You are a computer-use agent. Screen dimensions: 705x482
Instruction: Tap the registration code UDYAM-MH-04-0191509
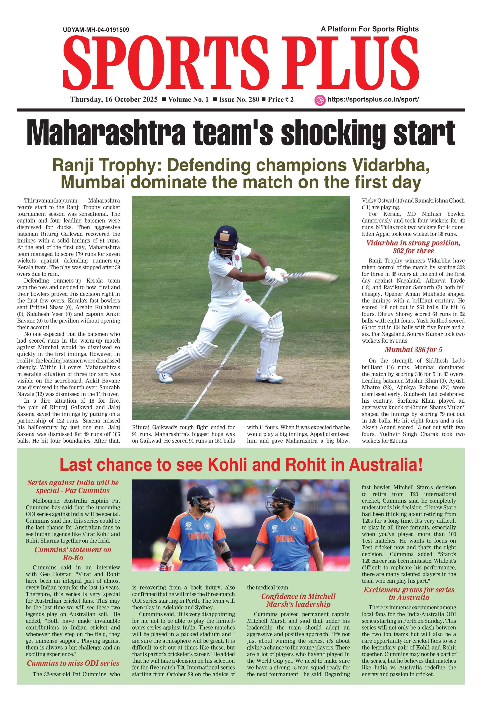(96, 30)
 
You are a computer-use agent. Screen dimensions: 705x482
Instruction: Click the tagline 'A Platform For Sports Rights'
(369, 29)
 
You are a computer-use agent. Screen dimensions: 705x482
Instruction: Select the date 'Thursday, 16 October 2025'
(114, 100)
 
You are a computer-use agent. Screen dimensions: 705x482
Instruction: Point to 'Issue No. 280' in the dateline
(239, 100)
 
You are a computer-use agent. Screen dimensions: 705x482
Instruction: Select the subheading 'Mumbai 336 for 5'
(413, 350)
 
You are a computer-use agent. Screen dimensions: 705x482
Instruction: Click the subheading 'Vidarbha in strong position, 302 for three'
(413, 247)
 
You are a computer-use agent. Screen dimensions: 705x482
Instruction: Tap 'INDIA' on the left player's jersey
(198, 536)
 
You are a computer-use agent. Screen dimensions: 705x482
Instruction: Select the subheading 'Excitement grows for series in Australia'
(409, 594)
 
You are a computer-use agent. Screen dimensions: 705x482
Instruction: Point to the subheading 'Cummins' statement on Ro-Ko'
(73, 554)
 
